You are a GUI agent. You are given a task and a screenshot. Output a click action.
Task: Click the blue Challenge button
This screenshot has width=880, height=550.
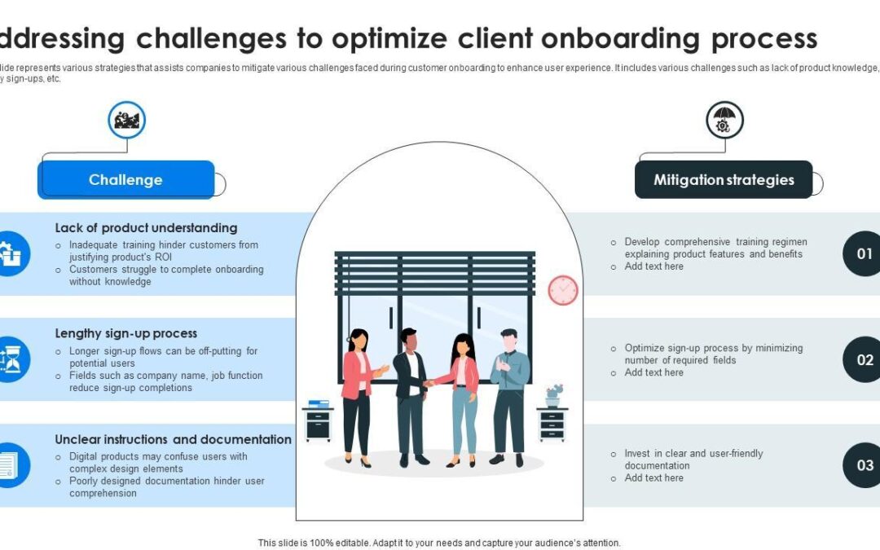(x=125, y=180)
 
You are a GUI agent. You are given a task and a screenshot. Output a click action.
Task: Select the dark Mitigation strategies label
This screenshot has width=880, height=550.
(x=724, y=180)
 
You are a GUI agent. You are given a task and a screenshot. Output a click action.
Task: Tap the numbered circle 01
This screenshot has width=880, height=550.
(x=864, y=253)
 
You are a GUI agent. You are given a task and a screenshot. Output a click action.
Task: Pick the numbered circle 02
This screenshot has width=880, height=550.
(x=864, y=359)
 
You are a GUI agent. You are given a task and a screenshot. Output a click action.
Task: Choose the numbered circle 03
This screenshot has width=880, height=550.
(x=864, y=465)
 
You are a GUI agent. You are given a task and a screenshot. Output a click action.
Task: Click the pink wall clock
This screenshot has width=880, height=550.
(x=562, y=290)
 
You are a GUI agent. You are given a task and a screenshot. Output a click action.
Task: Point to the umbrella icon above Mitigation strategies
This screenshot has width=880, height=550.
(x=724, y=121)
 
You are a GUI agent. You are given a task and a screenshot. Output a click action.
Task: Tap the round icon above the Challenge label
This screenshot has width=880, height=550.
(x=126, y=121)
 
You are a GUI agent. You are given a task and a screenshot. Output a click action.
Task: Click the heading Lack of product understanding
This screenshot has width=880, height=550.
(x=146, y=228)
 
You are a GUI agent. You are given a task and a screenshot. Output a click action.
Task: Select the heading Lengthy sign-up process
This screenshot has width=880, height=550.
(x=125, y=333)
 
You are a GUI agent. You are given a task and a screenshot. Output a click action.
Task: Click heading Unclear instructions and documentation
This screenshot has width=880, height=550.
(x=173, y=439)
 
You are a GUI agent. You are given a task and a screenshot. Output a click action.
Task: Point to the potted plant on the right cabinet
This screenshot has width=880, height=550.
(x=554, y=395)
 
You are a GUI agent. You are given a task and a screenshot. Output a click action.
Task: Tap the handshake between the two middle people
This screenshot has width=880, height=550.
(x=428, y=383)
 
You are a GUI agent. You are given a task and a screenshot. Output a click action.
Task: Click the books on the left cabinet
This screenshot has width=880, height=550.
(x=319, y=403)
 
